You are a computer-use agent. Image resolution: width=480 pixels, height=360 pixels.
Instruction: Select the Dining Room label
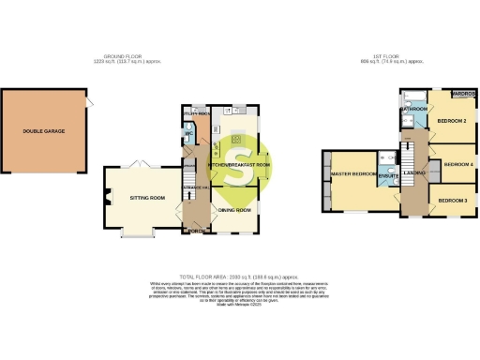pyautogui.click(x=234, y=210)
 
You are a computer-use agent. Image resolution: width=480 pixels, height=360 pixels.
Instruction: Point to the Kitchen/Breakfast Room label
pyautogui.click(x=239, y=165)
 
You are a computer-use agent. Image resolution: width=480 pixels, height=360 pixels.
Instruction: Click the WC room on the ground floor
pyautogui.click(x=188, y=132)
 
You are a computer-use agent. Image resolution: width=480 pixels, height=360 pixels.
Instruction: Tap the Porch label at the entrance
pyautogui.click(x=195, y=230)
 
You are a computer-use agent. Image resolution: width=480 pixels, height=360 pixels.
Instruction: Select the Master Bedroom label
pyautogui.click(x=353, y=175)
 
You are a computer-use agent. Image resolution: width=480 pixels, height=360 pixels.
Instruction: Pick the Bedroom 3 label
pyautogui.click(x=455, y=200)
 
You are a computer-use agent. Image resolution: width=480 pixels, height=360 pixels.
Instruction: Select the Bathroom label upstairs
pyautogui.click(x=412, y=109)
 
